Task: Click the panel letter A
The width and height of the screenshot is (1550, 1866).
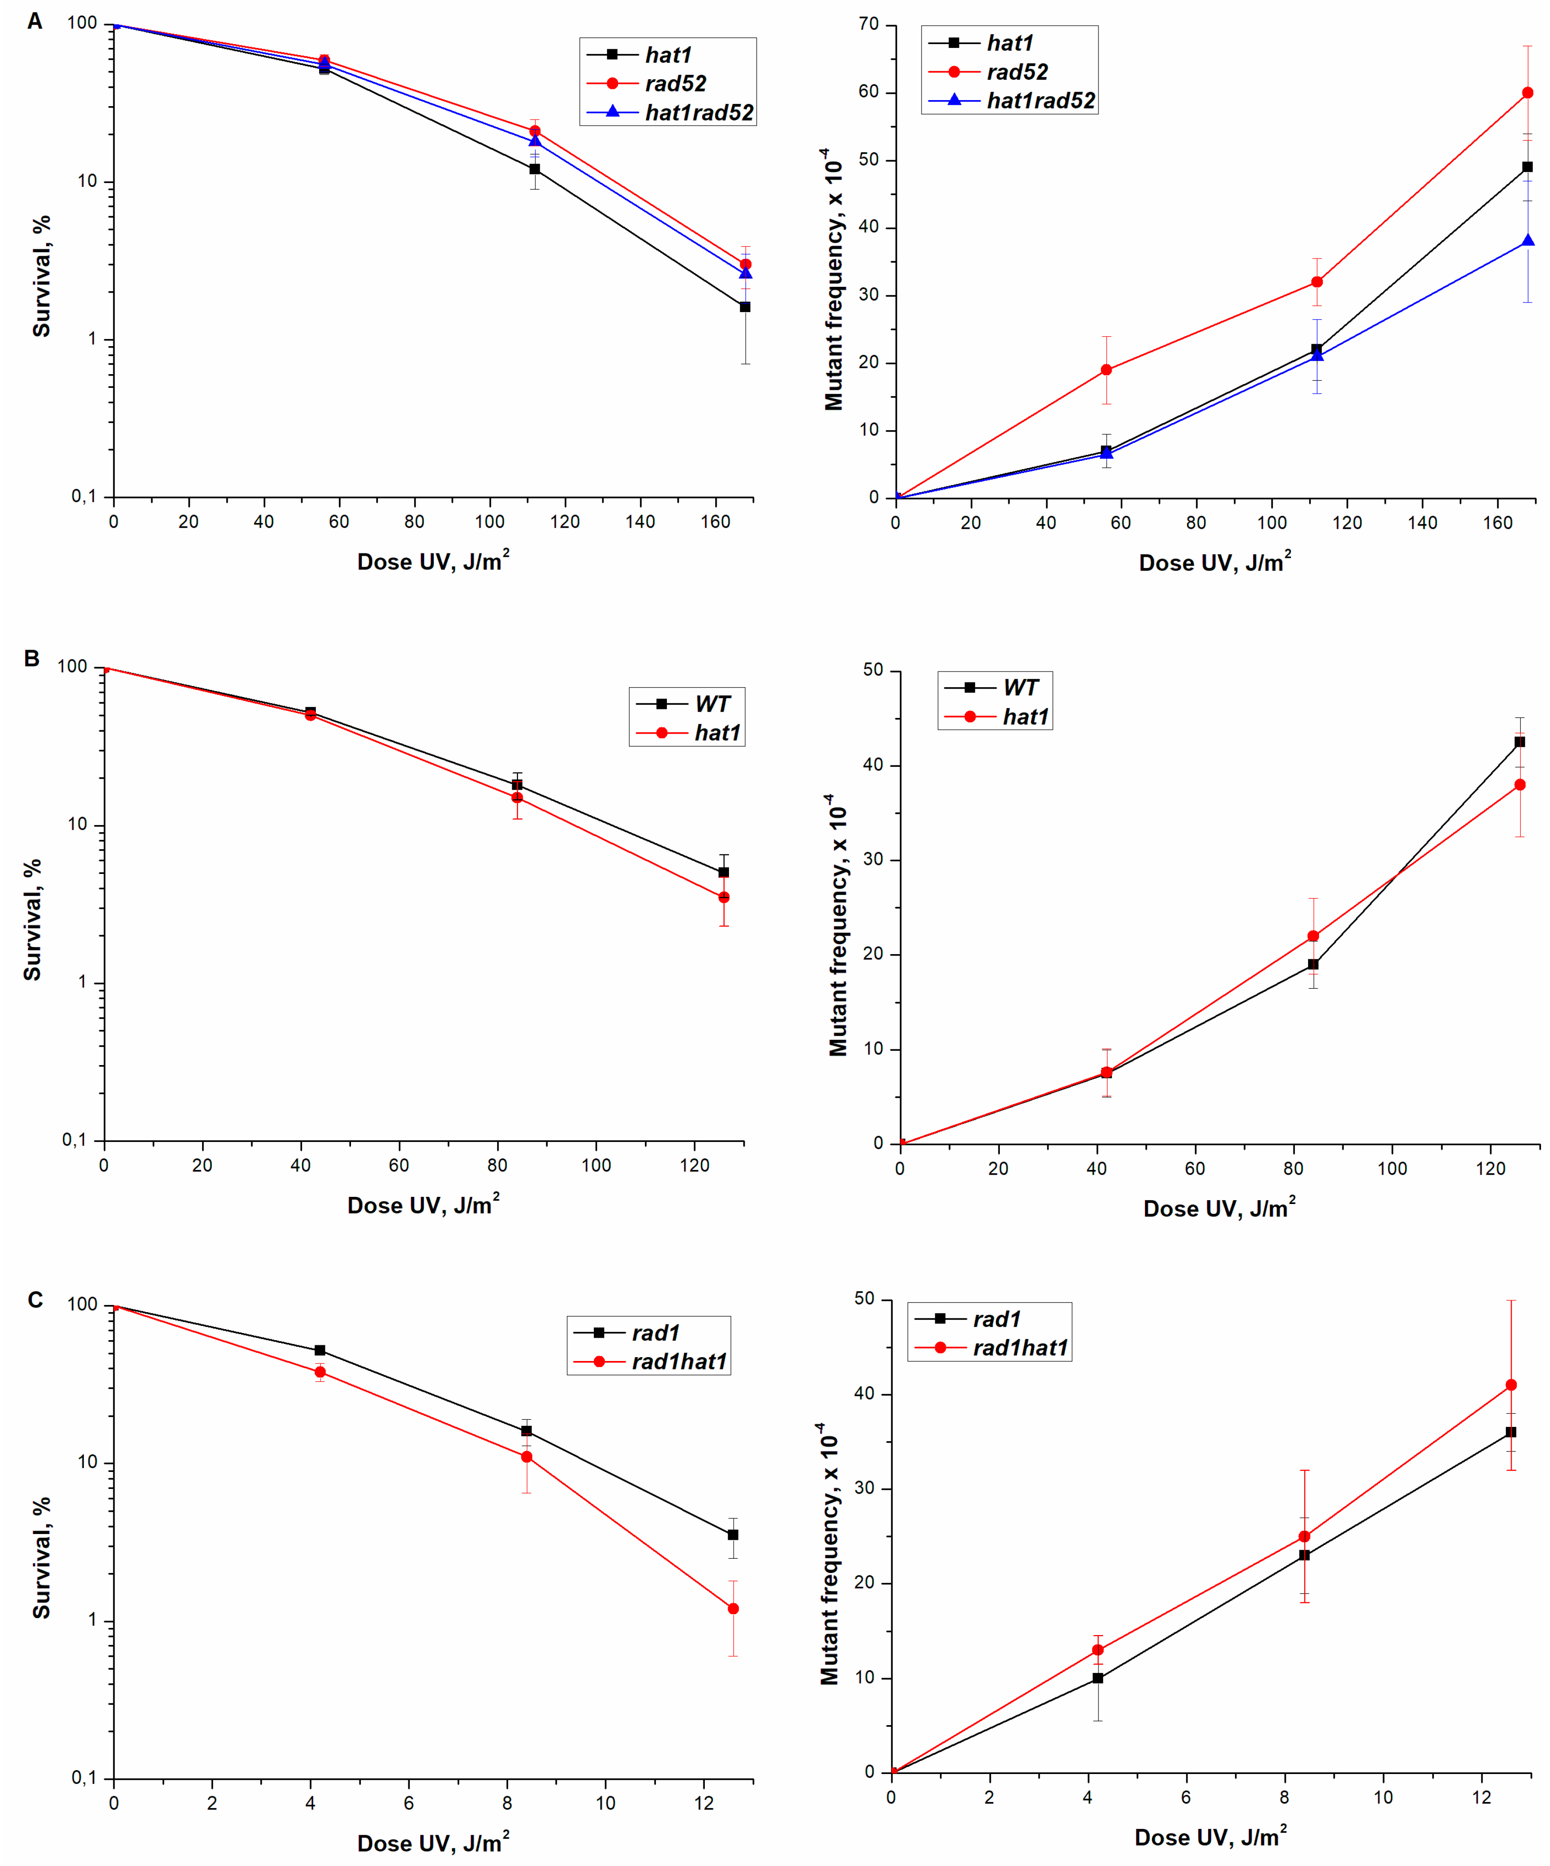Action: [35, 21]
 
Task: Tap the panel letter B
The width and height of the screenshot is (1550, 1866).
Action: [32, 658]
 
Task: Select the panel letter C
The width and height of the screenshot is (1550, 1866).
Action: [35, 1300]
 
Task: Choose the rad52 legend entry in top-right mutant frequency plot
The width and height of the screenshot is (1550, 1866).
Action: [1017, 72]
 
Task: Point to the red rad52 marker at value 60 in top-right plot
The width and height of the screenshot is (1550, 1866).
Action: [1527, 92]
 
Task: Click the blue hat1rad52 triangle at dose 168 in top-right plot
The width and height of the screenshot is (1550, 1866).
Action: [1527, 241]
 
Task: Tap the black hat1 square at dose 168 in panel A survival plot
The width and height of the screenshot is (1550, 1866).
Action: [745, 306]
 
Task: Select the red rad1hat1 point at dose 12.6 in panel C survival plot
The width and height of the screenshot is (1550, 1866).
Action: [732, 1609]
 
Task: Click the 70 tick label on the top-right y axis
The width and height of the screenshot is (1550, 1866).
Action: [867, 24]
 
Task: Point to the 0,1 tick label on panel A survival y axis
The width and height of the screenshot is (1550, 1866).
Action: [83, 496]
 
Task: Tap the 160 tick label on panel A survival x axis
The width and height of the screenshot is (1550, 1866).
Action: [715, 522]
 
